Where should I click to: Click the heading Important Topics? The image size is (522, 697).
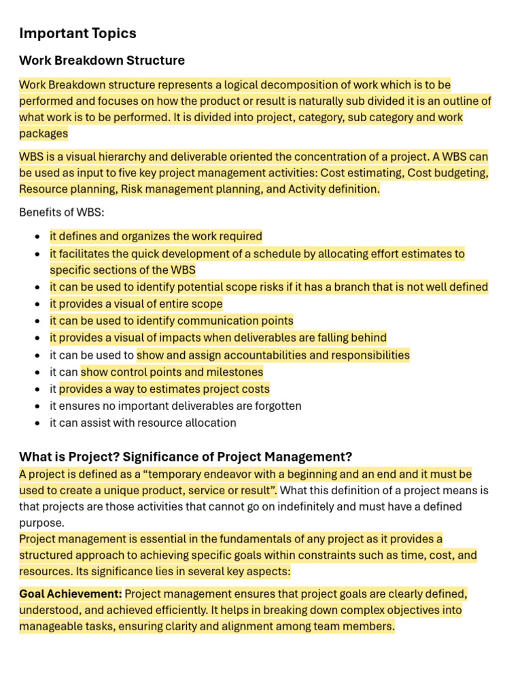[77, 33]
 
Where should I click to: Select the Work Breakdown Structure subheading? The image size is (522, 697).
[102, 61]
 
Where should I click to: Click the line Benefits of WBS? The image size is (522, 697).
[62, 212]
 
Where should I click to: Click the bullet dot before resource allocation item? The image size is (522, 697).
[37, 423]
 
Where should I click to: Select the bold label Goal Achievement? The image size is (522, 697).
[71, 594]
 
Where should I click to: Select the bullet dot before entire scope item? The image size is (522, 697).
[37, 305]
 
